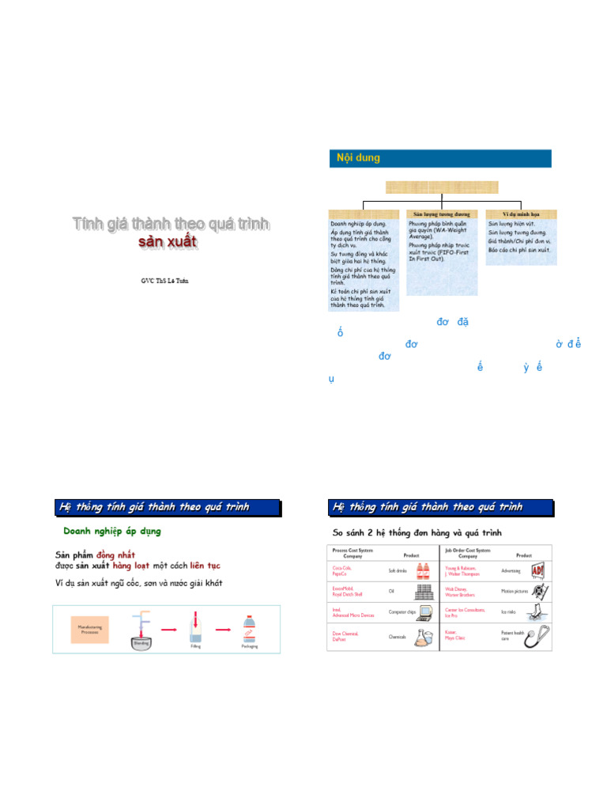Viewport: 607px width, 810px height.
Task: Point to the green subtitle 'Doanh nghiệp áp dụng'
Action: click(112, 532)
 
